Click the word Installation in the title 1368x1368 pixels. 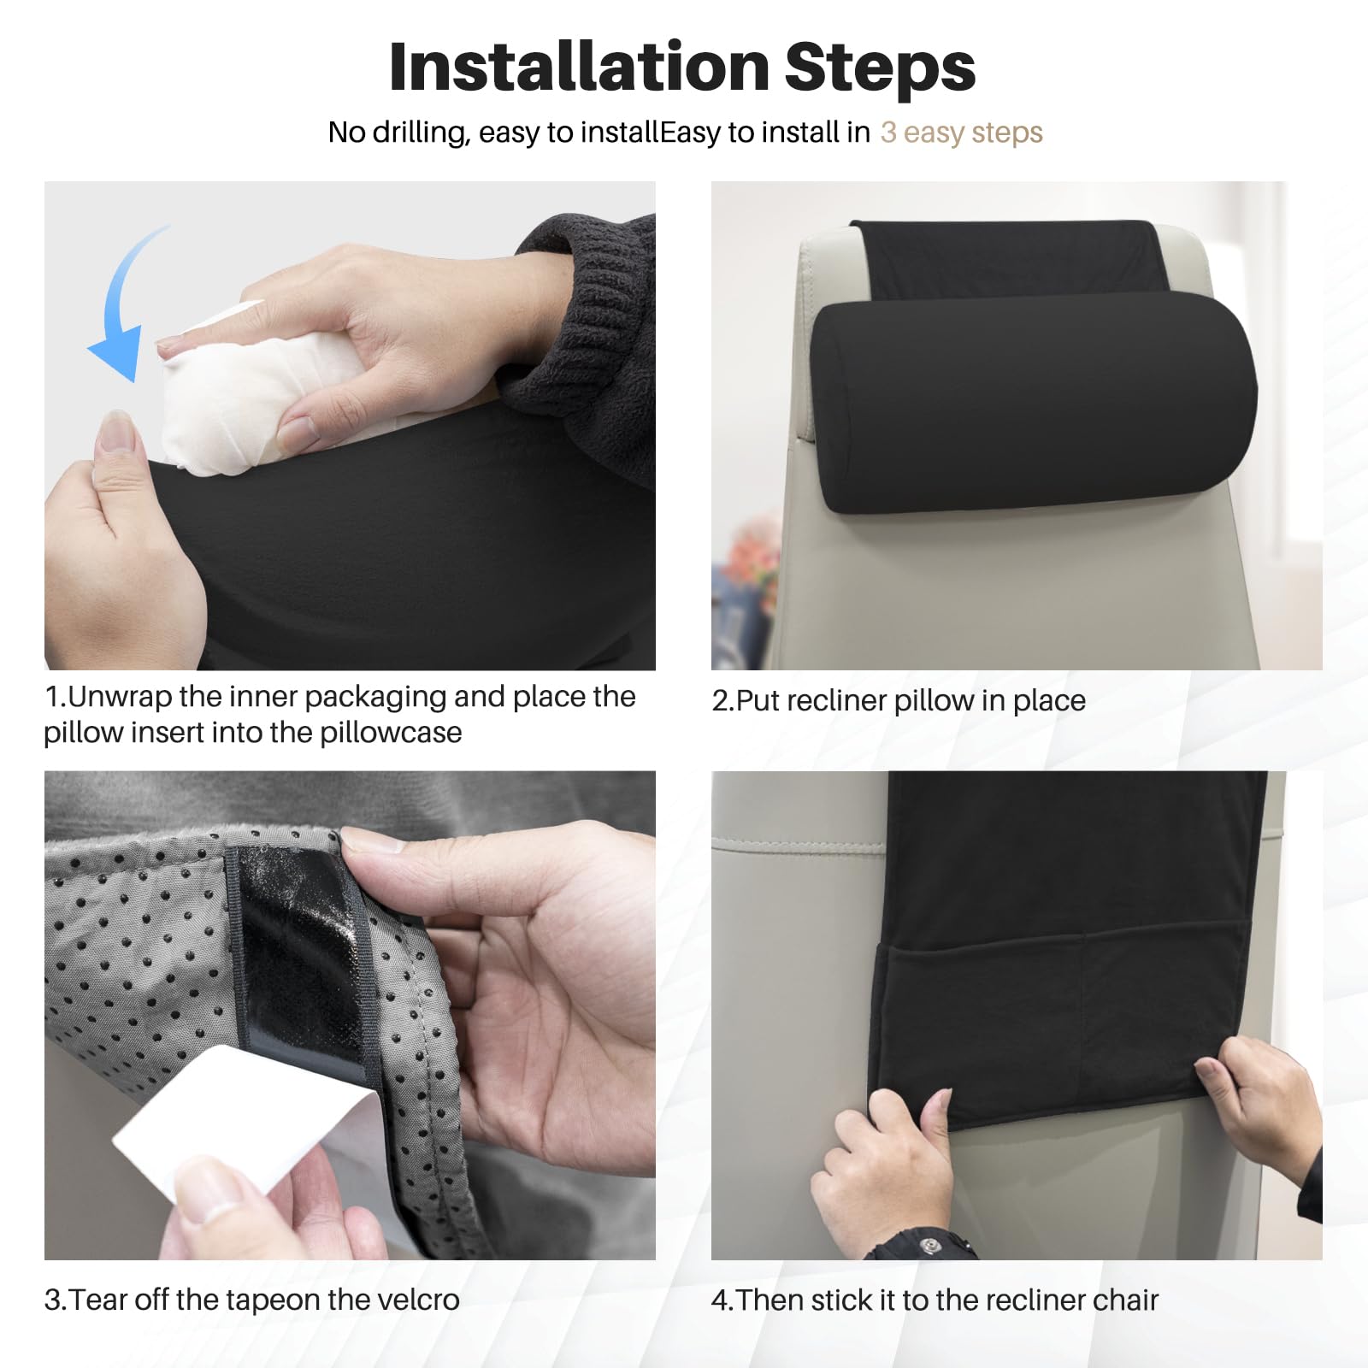pyautogui.click(x=580, y=66)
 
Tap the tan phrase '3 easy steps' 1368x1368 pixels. pyautogui.click(x=961, y=133)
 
